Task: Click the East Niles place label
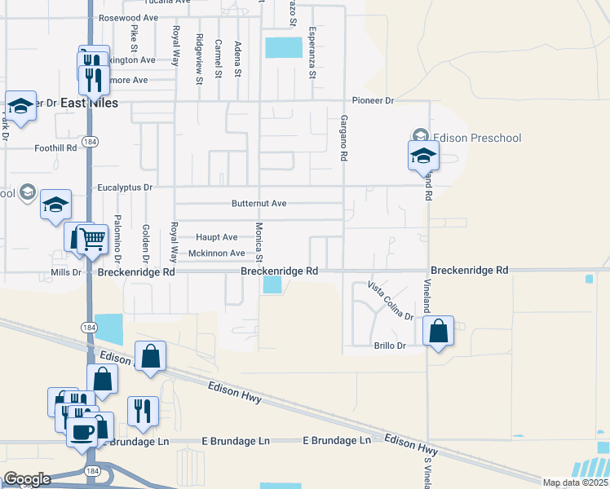(x=87, y=103)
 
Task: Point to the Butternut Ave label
(x=259, y=203)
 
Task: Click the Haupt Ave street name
(x=217, y=237)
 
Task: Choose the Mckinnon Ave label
(x=216, y=253)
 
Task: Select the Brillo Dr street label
(x=389, y=346)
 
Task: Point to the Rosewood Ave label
(x=128, y=17)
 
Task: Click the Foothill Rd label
(x=55, y=148)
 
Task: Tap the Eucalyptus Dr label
(x=125, y=187)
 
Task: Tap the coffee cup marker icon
(x=82, y=431)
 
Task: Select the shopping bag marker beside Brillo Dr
(x=439, y=331)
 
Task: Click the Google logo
(x=27, y=479)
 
